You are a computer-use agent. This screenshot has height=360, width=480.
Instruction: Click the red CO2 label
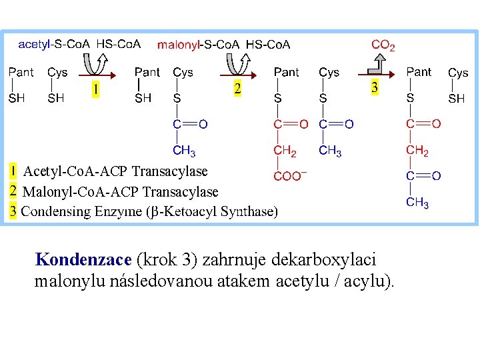click(383, 45)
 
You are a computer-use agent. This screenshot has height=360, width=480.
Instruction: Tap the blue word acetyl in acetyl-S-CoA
click(34, 45)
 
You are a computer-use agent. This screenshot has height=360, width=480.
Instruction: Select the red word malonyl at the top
click(179, 45)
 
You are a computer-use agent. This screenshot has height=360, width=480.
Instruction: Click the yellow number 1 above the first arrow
click(96, 89)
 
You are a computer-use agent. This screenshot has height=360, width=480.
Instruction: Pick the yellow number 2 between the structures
click(237, 89)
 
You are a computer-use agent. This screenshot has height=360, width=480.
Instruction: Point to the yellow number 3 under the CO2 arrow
click(375, 87)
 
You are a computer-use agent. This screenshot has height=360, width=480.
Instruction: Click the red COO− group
click(290, 177)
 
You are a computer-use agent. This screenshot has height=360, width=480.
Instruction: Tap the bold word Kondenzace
click(83, 259)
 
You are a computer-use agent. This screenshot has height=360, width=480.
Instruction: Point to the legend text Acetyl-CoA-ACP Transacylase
click(115, 171)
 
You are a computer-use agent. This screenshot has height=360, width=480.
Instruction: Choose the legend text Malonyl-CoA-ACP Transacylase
click(120, 192)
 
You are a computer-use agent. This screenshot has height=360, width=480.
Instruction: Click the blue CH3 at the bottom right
click(417, 202)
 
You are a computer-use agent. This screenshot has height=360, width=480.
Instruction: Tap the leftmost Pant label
click(21, 72)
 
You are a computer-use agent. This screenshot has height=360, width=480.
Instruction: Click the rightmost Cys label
click(458, 73)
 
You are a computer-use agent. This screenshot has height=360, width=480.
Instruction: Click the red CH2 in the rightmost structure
click(417, 151)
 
